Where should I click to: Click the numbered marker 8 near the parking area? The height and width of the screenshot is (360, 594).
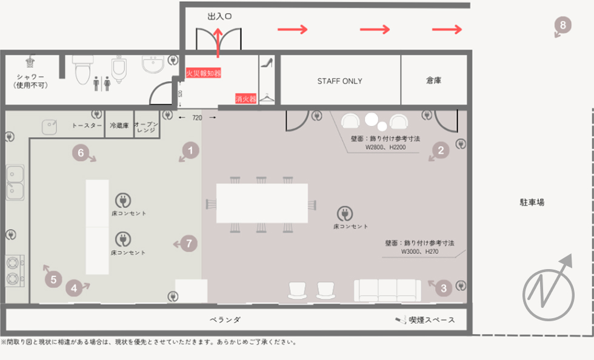[563, 25]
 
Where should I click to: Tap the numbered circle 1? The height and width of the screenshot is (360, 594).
[191, 149]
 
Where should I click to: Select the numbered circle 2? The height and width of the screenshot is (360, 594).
[442, 150]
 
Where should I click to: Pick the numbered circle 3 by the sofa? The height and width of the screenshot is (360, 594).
[444, 288]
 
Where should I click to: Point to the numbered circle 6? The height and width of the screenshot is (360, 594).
[80, 153]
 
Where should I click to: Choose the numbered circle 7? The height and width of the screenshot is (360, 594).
[189, 244]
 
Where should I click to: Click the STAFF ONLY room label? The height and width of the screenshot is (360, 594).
[339, 81]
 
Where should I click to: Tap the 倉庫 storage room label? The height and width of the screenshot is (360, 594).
[433, 81]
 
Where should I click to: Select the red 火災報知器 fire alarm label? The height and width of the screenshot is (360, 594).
[203, 73]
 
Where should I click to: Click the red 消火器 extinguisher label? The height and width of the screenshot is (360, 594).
[245, 98]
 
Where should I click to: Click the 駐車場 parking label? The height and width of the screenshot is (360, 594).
[532, 202]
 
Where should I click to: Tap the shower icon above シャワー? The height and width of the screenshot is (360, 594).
[30, 62]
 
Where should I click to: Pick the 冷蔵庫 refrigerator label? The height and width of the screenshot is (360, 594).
[119, 125]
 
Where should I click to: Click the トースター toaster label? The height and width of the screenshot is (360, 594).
[87, 125]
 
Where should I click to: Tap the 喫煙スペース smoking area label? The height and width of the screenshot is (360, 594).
[431, 320]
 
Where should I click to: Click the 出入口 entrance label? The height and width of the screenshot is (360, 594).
[219, 16]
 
